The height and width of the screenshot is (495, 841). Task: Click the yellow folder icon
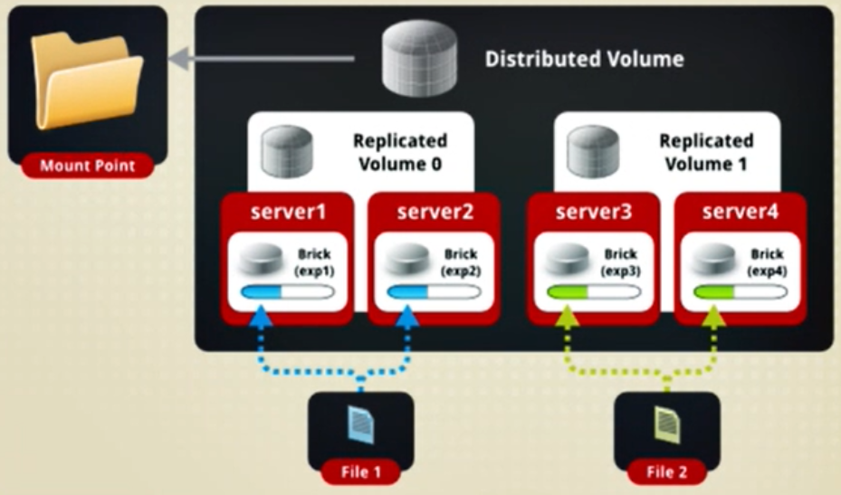87,81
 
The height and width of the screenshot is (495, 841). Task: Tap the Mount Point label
88,166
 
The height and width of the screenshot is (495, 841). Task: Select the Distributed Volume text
585,59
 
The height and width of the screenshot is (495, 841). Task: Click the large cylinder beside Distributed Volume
419,58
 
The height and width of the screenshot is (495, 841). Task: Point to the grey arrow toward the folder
262,58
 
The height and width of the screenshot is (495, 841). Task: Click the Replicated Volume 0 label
400,152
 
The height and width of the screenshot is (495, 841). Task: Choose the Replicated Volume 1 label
706,152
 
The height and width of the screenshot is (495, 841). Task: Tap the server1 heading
288,212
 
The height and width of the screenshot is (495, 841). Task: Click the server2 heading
435,212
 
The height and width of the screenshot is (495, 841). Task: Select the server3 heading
594,212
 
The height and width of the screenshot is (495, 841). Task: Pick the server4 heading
741,212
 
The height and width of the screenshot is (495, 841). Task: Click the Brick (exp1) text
314,262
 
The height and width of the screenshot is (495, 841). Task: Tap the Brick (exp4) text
767,262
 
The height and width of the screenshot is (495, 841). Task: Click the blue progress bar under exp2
434,292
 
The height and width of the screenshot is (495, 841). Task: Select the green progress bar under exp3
593,292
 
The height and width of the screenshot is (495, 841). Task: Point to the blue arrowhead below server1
261,317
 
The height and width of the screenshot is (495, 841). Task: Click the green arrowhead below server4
713,317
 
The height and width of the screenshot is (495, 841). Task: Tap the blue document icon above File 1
361,424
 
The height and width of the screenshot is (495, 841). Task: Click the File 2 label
666,472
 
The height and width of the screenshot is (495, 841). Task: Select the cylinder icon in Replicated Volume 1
593,151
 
